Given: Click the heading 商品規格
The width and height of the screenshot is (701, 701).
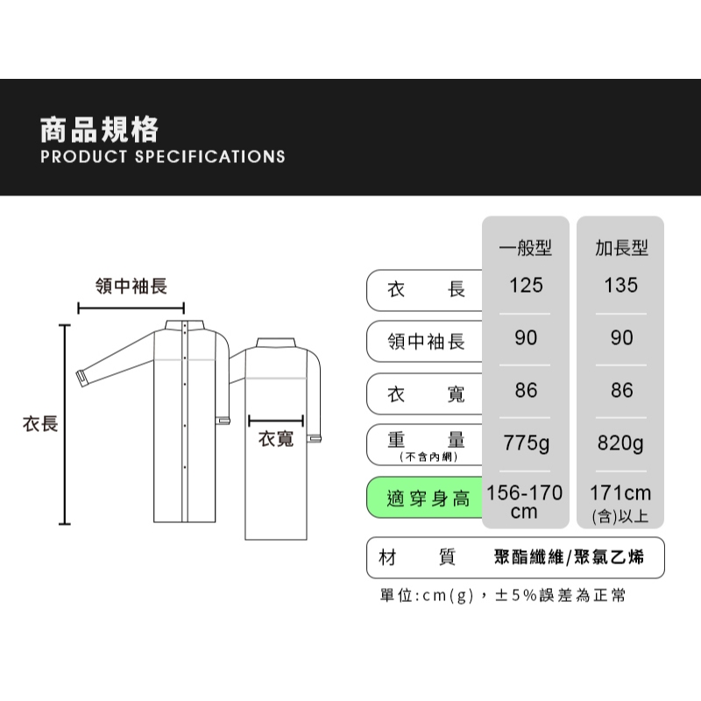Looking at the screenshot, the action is point(99,130).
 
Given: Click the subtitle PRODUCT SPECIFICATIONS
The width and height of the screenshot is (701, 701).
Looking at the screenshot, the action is point(163,157).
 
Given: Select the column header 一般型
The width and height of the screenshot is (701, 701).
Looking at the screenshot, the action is point(525,247).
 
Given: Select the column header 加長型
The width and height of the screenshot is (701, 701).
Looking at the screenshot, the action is point(621,247).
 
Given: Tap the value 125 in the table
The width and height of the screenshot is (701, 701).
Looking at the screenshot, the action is point(526,286).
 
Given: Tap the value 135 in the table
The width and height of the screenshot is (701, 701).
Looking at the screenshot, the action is point(620,286).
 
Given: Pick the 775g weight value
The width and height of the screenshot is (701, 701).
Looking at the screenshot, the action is point(526,443).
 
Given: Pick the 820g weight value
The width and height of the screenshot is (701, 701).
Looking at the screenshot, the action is point(620,443).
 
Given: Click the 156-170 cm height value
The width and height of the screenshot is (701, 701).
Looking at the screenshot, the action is point(524,502).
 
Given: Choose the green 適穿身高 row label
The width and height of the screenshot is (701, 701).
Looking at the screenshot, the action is point(428,498).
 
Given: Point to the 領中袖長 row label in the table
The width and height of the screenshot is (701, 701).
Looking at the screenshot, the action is point(426,342).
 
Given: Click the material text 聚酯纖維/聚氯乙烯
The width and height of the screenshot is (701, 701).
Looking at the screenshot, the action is point(569,557).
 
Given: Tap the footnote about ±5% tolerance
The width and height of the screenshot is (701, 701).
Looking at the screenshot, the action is point(502,596).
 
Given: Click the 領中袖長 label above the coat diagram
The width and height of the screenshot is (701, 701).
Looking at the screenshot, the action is point(131,287).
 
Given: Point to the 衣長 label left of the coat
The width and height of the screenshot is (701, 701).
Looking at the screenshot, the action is point(40,424).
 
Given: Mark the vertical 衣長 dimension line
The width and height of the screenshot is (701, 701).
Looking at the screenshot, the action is point(65,424).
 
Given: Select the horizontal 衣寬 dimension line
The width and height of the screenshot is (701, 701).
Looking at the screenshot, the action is point(276,421).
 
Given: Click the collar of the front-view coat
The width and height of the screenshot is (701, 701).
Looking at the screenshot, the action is point(185,325).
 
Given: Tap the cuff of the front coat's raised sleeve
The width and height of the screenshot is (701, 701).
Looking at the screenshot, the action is point(82,379).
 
